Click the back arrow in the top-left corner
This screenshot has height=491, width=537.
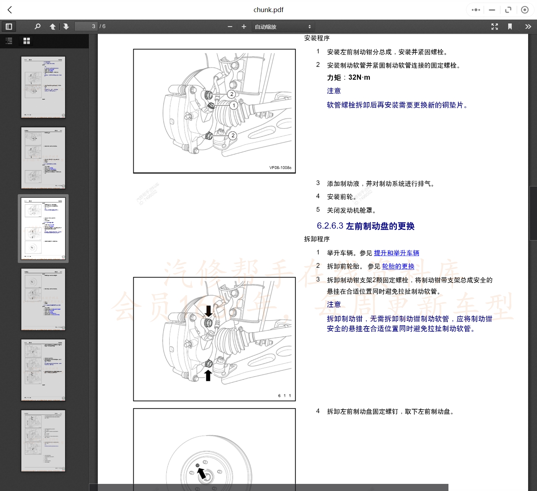pyautogui.click(x=10, y=10)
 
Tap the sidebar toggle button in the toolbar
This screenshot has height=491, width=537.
pyautogui.click(x=9, y=26)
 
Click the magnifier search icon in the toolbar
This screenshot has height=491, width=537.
pyautogui.click(x=37, y=26)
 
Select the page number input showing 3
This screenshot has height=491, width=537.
pyautogui.click(x=86, y=26)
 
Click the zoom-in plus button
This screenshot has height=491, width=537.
pyautogui.click(x=244, y=26)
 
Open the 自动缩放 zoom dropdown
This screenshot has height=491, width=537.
pyautogui.click(x=283, y=27)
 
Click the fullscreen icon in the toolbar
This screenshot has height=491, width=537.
pyautogui.click(x=494, y=26)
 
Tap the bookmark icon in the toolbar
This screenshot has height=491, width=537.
pyautogui.click(x=510, y=26)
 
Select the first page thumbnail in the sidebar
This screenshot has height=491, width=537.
pyautogui.click(x=43, y=87)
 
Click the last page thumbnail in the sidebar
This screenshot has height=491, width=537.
pyautogui.click(x=43, y=440)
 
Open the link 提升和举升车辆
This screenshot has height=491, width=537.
pyautogui.click(x=396, y=253)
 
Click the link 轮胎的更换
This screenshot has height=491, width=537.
pyautogui.click(x=398, y=266)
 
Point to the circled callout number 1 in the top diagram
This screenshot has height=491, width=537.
pyautogui.click(x=234, y=105)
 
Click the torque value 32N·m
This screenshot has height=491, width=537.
pyautogui.click(x=359, y=78)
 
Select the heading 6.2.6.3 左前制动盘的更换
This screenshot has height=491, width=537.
pyautogui.click(x=365, y=226)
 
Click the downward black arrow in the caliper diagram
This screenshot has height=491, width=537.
pyautogui.click(x=209, y=311)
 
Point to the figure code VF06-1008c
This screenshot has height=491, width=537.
pyautogui.click(x=280, y=168)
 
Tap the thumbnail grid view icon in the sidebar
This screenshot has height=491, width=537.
pyautogui.click(x=27, y=41)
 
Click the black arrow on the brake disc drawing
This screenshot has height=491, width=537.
pyautogui.click(x=202, y=473)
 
